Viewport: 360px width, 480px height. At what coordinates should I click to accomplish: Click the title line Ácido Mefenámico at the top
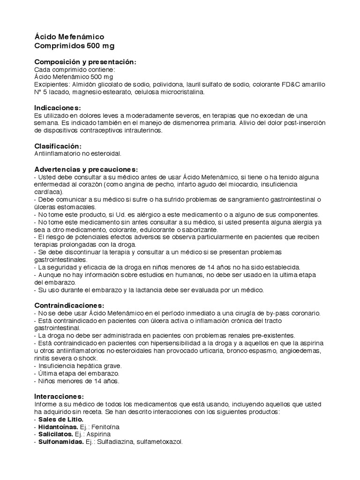(x=69, y=37)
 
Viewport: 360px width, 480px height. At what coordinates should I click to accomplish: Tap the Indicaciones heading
(x=58, y=108)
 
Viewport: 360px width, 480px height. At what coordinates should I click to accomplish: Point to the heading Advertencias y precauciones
(x=86, y=169)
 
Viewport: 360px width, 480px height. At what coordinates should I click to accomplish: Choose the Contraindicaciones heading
(x=69, y=305)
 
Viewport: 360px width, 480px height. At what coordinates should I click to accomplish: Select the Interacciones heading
(x=59, y=396)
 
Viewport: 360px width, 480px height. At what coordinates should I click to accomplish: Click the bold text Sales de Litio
(x=61, y=419)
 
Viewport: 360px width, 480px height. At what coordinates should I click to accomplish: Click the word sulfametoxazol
(x=157, y=442)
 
